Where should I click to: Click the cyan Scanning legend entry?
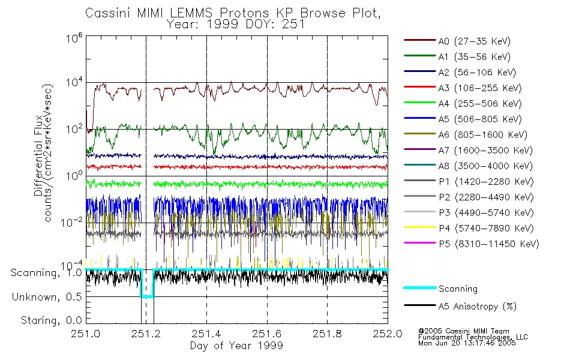click(x=458, y=289)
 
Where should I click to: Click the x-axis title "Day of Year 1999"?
click(x=236, y=346)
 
